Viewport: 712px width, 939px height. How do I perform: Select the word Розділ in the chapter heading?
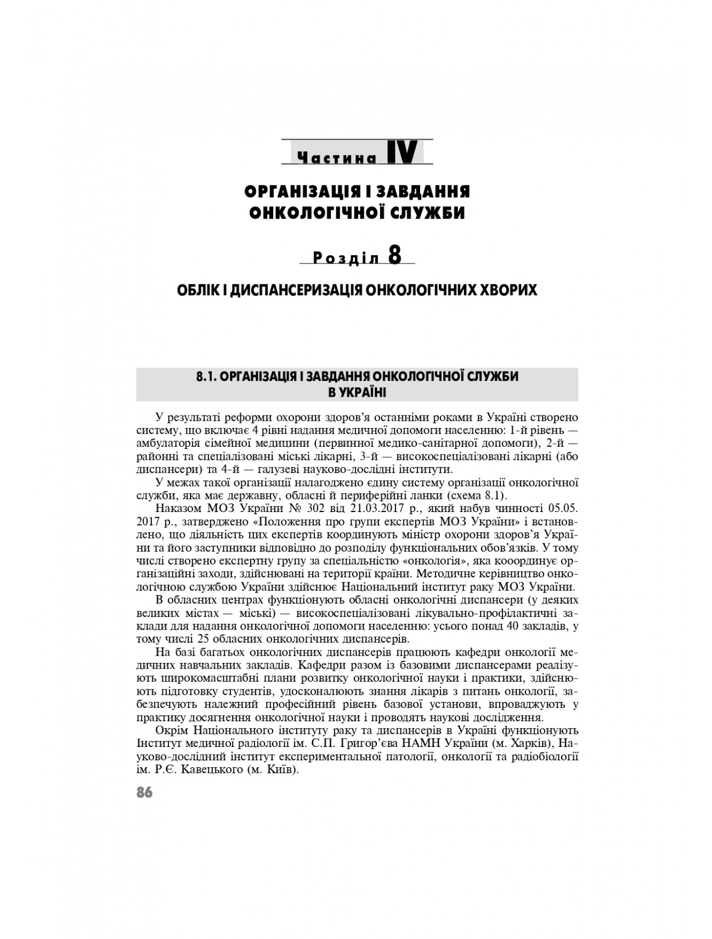(x=346, y=260)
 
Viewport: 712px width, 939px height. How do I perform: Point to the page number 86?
(x=144, y=792)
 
